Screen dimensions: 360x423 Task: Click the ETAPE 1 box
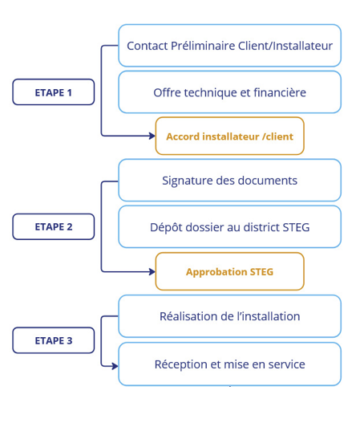pyautogui.click(x=54, y=92)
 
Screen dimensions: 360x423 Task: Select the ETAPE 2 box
pyautogui.click(x=54, y=226)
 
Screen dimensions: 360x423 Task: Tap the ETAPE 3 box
pyautogui.click(x=54, y=340)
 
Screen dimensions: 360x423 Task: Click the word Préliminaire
pyautogui.click(x=203, y=46)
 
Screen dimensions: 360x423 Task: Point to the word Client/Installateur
pyautogui.click(x=285, y=46)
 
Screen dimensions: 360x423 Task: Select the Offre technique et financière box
pyautogui.click(x=230, y=92)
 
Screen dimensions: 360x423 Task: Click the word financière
pyautogui.click(x=280, y=92)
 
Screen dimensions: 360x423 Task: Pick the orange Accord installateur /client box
pyautogui.click(x=230, y=136)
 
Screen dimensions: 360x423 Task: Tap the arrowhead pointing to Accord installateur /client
pyautogui.click(x=152, y=136)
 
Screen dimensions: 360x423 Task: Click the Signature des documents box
pyautogui.click(x=230, y=181)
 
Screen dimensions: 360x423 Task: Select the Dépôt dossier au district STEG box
pyautogui.click(x=230, y=227)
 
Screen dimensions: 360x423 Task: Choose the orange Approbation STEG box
pyautogui.click(x=230, y=271)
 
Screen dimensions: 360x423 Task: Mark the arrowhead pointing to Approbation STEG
pyautogui.click(x=152, y=271)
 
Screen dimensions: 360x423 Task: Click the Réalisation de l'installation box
pyautogui.click(x=230, y=316)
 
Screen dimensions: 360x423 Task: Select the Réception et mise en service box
pyautogui.click(x=230, y=364)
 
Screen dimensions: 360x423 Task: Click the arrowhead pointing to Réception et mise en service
pyautogui.click(x=115, y=366)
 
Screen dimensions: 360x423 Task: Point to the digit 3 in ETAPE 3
pyautogui.click(x=70, y=340)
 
